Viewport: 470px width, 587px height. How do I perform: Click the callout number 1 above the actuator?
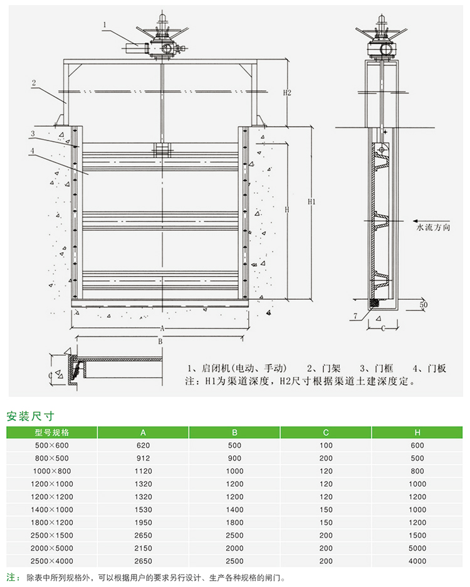[105, 24]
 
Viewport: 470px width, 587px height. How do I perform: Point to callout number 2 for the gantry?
[34, 82]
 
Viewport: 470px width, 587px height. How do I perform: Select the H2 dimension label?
[287, 93]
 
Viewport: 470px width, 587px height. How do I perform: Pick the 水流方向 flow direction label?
[434, 228]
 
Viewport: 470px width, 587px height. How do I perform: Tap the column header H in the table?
[417, 432]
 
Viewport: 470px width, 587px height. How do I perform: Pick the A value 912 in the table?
[144, 458]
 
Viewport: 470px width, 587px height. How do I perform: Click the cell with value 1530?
[144, 510]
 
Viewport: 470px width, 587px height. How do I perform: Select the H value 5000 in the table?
[417, 548]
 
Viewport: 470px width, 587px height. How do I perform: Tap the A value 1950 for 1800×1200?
[144, 522]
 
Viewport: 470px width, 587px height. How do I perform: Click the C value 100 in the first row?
[326, 445]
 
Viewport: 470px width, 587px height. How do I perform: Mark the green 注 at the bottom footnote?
[10, 577]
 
